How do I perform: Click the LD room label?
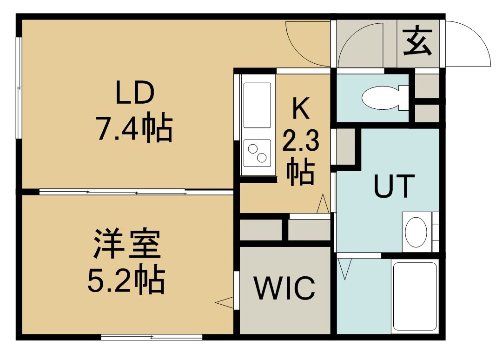135,93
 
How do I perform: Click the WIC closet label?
285,288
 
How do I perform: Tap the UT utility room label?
394,186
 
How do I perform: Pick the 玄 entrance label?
418,42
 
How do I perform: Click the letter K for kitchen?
300,108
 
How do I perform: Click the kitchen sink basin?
257,105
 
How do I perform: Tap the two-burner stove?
257,153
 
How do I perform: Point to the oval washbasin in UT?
416,232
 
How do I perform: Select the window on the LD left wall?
19,88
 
